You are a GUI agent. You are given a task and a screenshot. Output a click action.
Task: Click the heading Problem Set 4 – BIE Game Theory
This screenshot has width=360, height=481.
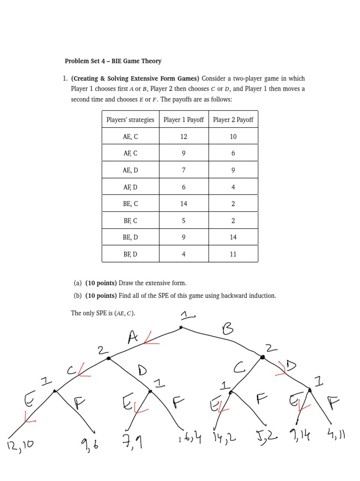tap(113, 61)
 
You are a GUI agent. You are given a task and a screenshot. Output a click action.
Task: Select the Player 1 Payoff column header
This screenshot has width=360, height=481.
tap(184, 120)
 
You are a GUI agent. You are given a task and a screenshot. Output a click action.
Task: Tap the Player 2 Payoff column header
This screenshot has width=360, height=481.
tap(233, 120)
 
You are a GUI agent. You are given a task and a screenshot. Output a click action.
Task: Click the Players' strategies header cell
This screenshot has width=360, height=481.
tap(130, 120)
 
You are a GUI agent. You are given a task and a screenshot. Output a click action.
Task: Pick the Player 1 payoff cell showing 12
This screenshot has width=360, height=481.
tap(184, 137)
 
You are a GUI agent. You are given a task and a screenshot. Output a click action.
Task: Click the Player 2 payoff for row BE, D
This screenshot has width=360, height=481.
tap(233, 237)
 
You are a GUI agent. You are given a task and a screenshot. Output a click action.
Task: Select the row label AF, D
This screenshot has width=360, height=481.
tap(130, 187)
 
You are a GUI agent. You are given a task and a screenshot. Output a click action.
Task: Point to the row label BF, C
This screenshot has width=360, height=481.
tap(130, 221)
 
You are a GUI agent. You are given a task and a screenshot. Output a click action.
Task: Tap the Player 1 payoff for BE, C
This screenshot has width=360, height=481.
tap(184, 204)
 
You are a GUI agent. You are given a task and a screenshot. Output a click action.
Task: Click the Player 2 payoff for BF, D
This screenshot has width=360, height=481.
tap(233, 254)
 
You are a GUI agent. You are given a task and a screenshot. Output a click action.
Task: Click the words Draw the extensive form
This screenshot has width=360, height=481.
tap(152, 283)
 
